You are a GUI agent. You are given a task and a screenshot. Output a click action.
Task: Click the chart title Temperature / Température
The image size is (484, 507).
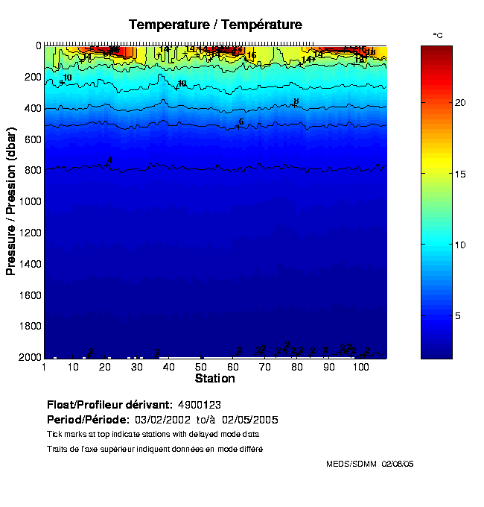coord(215,25)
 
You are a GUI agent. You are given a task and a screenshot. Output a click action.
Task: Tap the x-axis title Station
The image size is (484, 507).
coord(215,379)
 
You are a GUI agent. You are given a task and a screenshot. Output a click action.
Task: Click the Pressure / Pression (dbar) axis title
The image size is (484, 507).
coord(11,201)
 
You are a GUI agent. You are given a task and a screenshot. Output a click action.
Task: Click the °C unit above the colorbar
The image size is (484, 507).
coord(438,36)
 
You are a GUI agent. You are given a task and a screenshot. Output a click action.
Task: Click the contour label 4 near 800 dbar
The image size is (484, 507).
coord(109,160)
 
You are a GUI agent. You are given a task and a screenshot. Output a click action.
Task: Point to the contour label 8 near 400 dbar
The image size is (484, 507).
coord(296,101)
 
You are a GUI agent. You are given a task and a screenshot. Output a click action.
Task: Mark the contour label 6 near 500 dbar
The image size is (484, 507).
coord(241,122)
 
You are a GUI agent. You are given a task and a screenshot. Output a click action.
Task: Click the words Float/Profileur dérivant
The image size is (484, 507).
coord(109,405)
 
